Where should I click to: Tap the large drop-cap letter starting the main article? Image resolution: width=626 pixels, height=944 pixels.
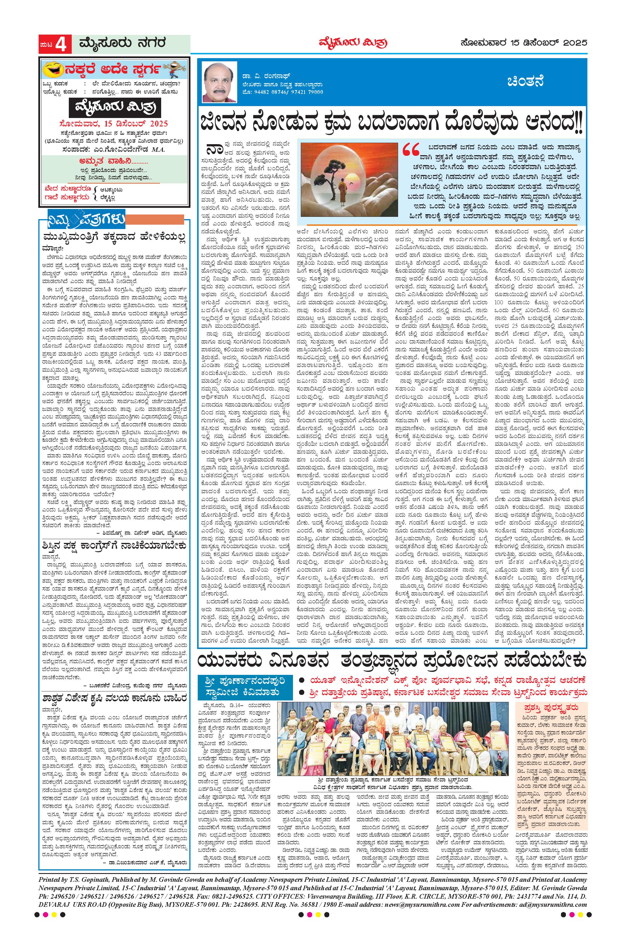212,149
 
